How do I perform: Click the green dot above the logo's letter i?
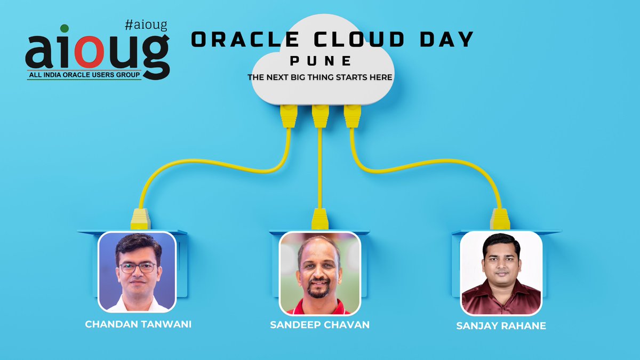[64, 28]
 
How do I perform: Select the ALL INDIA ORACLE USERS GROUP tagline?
[85, 76]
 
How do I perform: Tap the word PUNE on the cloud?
[321, 60]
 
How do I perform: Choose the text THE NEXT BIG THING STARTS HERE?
[320, 77]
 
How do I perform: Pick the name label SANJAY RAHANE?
[501, 325]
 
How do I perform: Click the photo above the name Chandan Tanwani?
[137, 271]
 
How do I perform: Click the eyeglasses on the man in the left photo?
[138, 267]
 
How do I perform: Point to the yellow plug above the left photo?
[140, 219]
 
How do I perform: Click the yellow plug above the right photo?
[500, 219]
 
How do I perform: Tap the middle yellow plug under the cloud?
[320, 116]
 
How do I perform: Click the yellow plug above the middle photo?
[320, 219]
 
